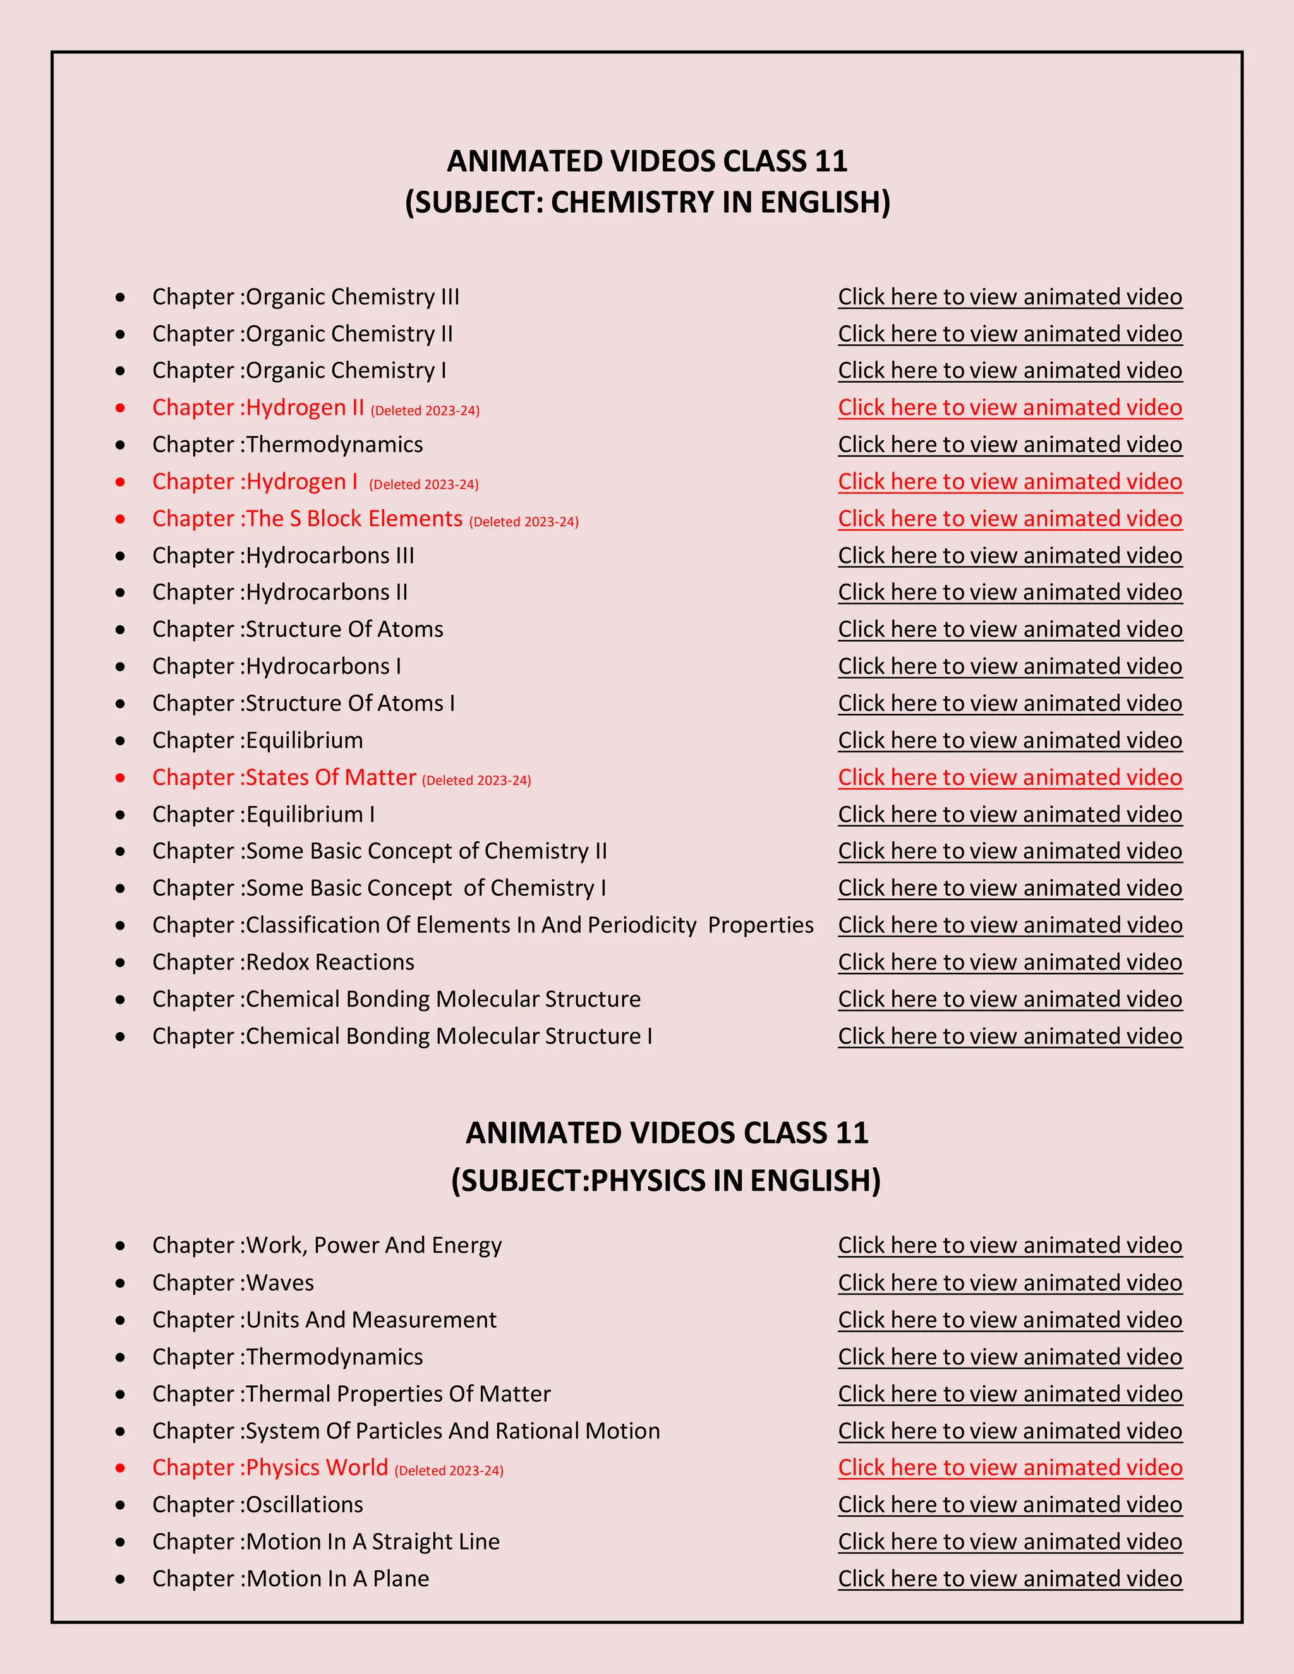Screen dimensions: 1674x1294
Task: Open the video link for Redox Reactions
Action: point(1010,962)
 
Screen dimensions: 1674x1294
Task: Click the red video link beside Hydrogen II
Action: point(1010,407)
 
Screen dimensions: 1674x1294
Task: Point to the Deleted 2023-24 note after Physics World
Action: point(449,1471)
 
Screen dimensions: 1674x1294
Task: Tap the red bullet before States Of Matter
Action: point(120,778)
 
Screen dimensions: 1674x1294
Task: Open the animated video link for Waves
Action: point(1010,1283)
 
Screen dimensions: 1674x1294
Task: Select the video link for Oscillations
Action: point(1010,1505)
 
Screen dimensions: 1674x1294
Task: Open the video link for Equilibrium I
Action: point(1010,814)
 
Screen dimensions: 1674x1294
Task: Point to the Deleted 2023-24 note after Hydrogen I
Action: point(424,485)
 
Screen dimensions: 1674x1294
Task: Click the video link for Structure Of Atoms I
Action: point(1010,703)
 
